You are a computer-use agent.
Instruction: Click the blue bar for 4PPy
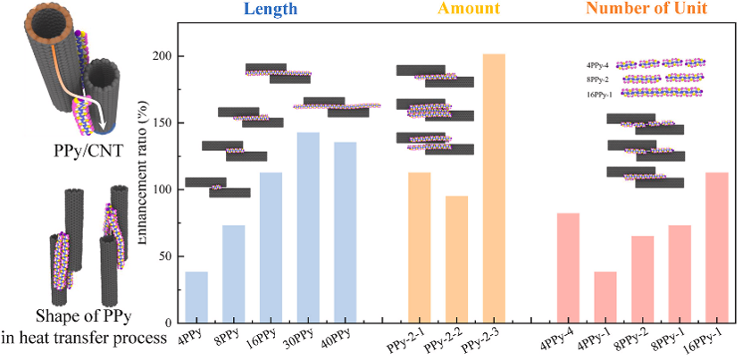196,297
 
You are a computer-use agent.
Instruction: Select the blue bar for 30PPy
307,227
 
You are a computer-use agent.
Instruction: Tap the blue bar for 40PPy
345,232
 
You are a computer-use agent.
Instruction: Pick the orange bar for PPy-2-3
494,188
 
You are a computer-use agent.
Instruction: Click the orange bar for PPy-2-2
456,259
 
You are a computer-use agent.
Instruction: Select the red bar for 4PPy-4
568,267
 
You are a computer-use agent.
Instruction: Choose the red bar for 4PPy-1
605,297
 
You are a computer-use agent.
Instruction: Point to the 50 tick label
163,256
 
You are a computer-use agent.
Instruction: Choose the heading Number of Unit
658,10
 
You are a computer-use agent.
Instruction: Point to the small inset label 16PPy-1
599,93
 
